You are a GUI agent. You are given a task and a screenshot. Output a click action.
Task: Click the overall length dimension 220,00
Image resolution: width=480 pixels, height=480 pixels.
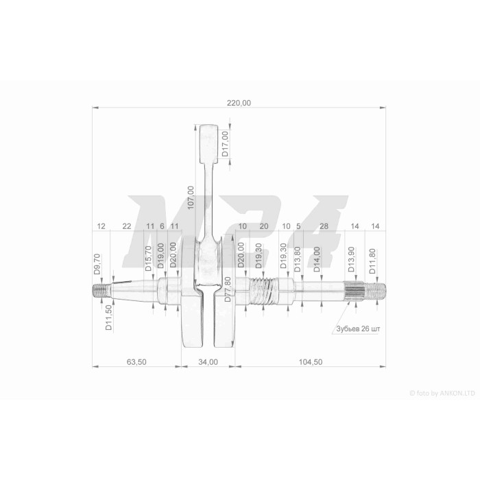pos(239,103)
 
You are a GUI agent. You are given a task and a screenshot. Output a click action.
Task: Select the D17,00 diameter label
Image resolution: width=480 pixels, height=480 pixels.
pos(226,144)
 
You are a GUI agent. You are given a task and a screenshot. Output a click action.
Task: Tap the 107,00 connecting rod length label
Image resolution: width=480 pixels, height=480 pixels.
pos(191,197)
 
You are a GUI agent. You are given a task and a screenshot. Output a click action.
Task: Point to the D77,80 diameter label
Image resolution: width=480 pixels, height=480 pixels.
pos(228,289)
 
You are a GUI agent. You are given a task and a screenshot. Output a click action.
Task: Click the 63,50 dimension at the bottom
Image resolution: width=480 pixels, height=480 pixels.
pos(136,362)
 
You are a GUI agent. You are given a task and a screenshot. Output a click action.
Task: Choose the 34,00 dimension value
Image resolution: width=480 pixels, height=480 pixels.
pos(208,362)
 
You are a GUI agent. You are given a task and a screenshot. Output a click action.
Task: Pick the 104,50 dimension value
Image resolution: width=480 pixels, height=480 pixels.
pos(311,362)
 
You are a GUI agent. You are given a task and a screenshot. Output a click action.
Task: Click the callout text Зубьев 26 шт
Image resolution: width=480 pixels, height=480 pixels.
pos(358,328)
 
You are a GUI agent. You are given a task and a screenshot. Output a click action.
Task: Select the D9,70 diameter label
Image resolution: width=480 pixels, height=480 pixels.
pos(97,264)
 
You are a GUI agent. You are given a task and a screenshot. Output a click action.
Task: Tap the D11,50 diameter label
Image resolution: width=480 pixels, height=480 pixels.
pos(108,317)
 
